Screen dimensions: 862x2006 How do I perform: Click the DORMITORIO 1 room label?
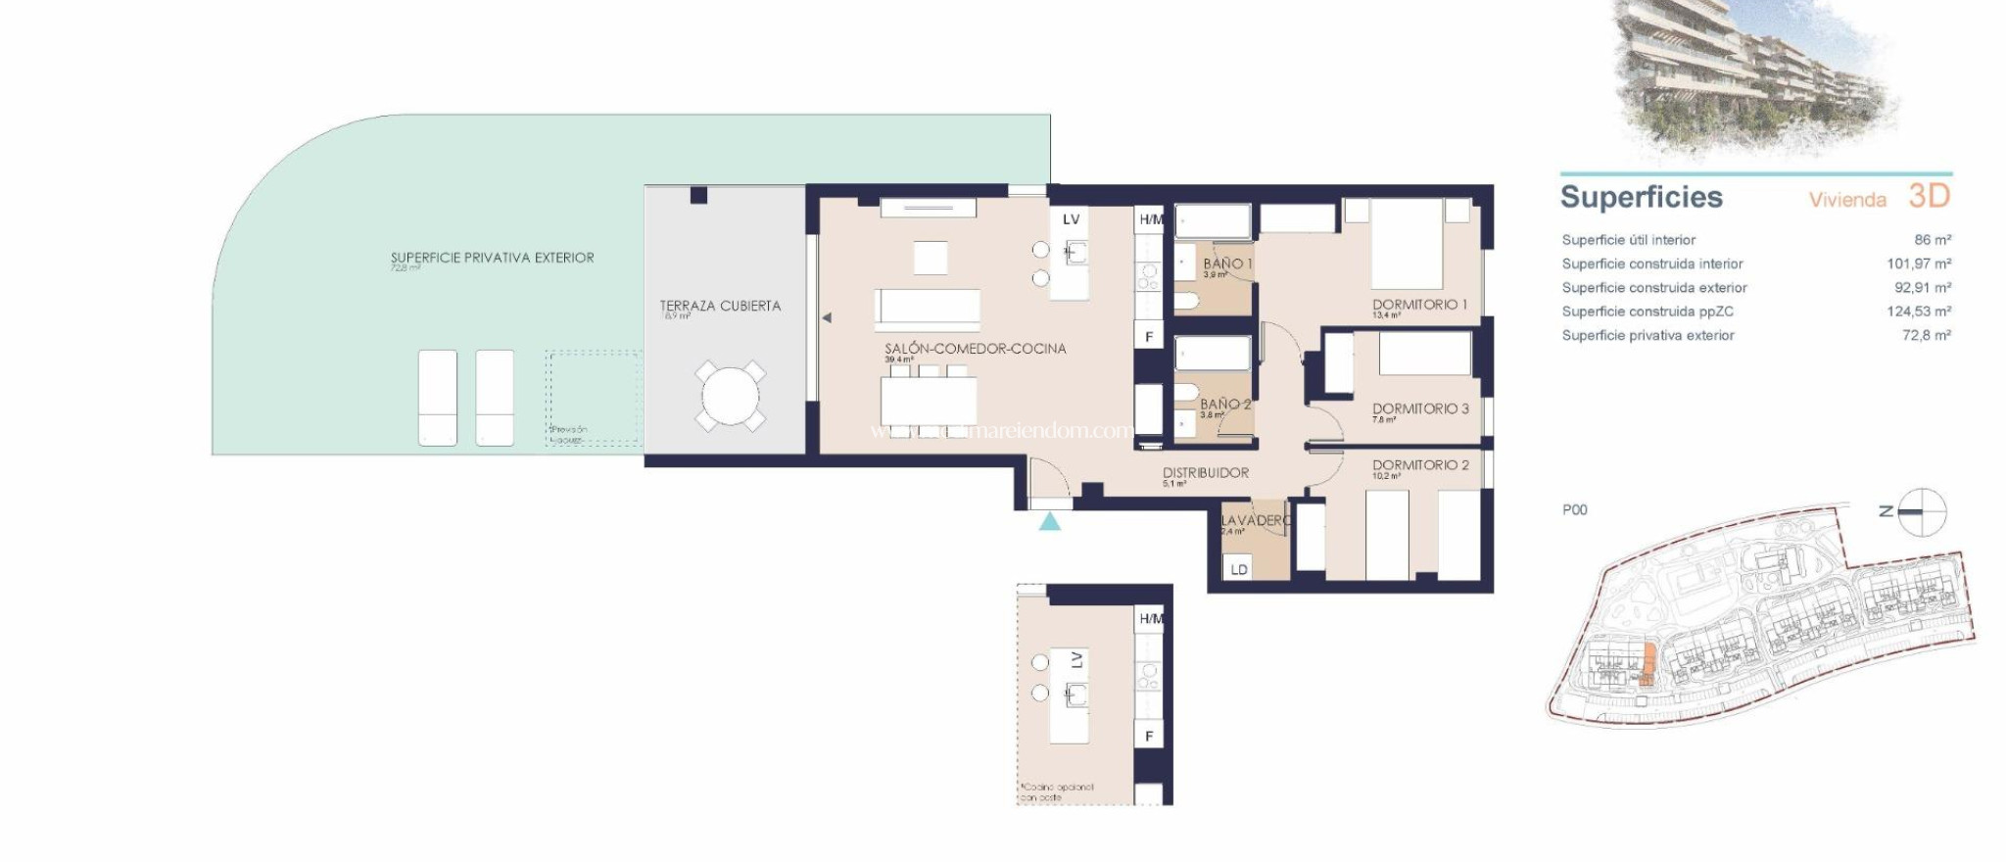1419,305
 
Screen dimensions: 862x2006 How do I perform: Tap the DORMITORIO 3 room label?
1420,408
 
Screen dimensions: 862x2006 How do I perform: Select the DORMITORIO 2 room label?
1420,465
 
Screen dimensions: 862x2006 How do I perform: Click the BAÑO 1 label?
1227,263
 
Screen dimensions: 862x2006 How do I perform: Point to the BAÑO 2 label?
1225,404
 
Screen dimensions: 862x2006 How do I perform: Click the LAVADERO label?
1255,520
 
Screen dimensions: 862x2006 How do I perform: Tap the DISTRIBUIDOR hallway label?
1205,472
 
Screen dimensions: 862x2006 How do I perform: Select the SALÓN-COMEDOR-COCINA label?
975,349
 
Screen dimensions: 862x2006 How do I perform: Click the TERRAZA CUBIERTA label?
720,306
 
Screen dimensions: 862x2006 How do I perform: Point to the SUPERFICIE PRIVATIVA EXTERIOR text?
492,258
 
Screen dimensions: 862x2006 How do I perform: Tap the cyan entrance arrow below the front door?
1049,521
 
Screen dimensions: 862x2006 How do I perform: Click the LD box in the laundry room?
1239,569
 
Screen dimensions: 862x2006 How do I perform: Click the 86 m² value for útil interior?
1932,240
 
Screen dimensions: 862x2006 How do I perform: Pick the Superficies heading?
1641,197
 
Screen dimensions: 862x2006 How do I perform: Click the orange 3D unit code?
1929,196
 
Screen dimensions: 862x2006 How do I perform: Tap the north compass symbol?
1921,511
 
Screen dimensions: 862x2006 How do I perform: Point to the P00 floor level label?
1574,509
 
